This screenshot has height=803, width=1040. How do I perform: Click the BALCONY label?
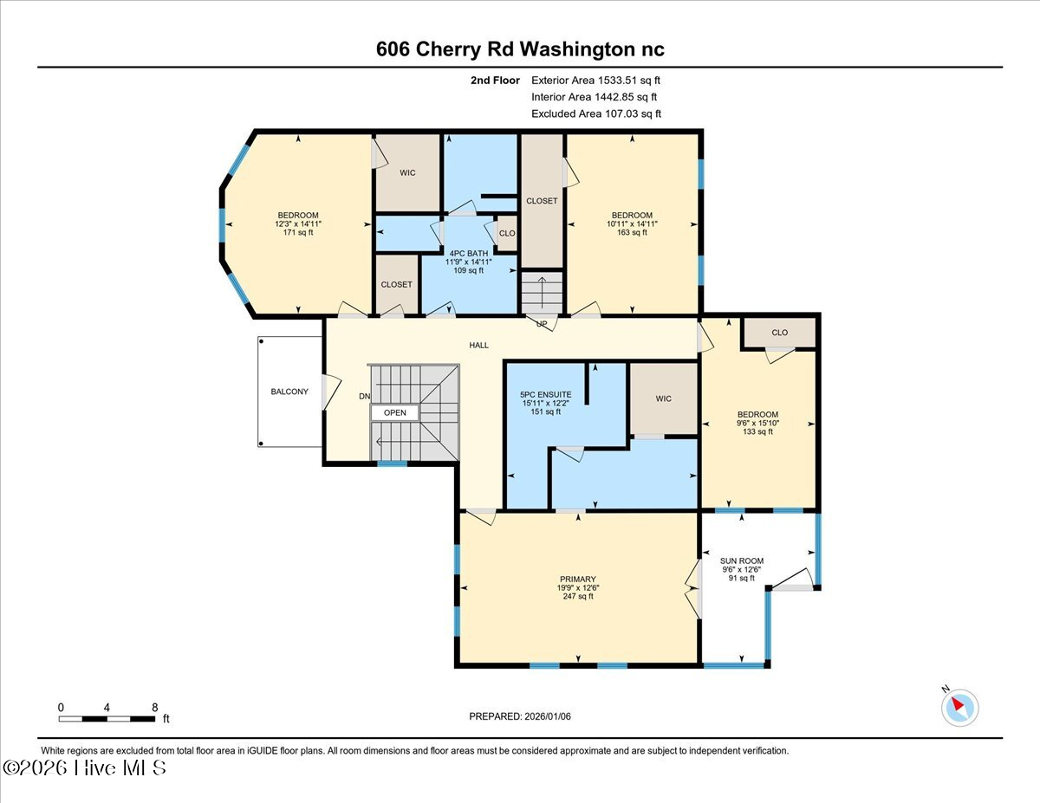tap(289, 392)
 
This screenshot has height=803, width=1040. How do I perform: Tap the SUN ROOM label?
tap(741, 560)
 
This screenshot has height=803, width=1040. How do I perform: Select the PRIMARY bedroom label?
tap(578, 579)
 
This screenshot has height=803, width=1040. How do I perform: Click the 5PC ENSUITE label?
tap(546, 394)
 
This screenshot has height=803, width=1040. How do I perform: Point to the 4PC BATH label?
tap(469, 253)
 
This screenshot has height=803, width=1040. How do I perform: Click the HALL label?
tap(478, 345)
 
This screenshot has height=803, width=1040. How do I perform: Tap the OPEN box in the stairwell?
tap(395, 412)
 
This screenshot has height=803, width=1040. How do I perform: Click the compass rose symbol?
tap(959, 708)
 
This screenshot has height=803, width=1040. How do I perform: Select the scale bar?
tap(107, 718)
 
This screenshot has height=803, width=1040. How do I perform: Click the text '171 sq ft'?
tap(297, 232)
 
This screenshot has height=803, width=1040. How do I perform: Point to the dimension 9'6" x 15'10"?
tap(757, 423)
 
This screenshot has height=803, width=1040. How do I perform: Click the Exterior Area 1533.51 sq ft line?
tap(595, 81)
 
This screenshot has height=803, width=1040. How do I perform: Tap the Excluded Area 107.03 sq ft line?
tap(596, 113)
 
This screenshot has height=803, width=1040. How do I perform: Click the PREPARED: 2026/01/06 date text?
tap(520, 716)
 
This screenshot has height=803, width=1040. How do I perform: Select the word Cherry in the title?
tap(448, 49)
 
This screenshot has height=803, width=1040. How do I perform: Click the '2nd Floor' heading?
tap(495, 81)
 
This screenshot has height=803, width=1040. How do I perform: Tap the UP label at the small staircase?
tap(542, 324)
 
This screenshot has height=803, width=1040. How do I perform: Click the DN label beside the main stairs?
tap(365, 396)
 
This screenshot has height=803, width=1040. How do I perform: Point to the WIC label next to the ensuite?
tap(663, 398)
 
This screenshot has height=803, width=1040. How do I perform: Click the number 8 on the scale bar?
tap(154, 708)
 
